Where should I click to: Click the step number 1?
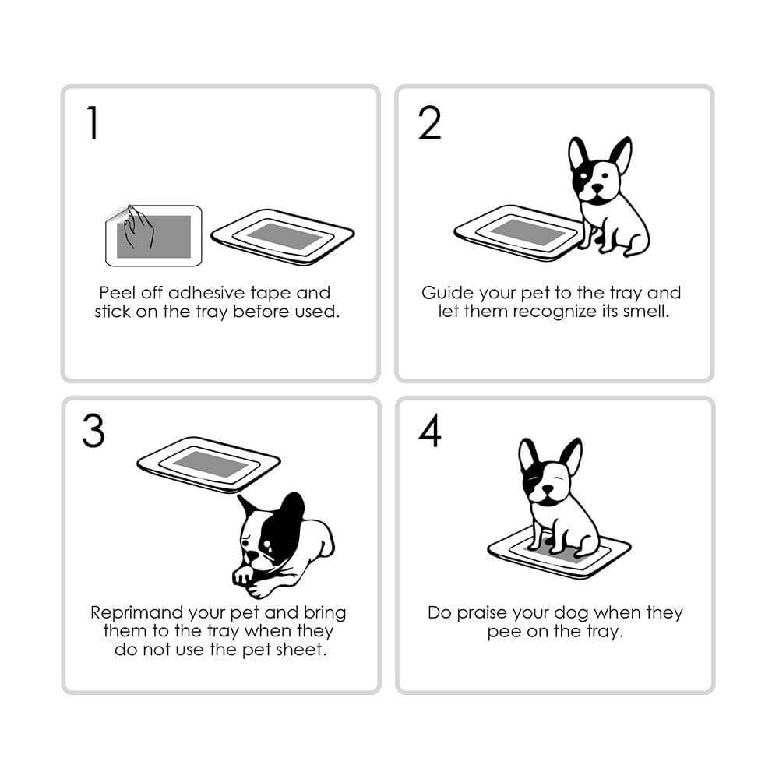[93, 122]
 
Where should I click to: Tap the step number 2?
[430, 122]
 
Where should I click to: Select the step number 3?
[93, 431]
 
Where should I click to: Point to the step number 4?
[430, 431]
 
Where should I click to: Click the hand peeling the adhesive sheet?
[139, 227]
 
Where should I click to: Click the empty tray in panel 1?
[282, 237]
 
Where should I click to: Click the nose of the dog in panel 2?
[597, 189]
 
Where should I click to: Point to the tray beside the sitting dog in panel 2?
[518, 232]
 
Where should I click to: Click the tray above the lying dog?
[209, 464]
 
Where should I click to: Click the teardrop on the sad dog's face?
[270, 548]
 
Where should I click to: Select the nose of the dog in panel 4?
[547, 490]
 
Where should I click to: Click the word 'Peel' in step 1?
[117, 293]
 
